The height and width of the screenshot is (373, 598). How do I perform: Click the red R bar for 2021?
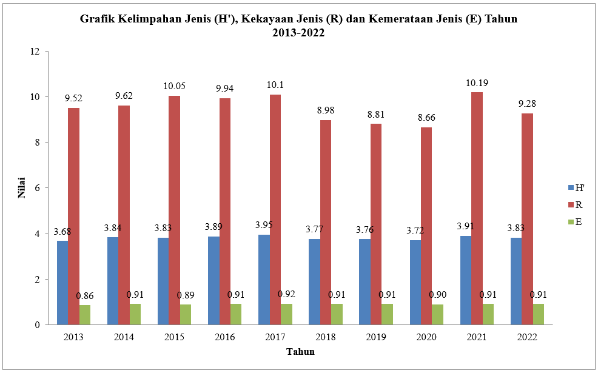(477, 209)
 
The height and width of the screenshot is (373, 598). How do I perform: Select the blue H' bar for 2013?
(62, 283)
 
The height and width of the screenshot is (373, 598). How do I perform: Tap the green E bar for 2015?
(185, 314)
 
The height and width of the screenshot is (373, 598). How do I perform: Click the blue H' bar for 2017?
(264, 280)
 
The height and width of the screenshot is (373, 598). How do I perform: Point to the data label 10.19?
(477, 83)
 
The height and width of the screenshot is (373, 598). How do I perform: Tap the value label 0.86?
(85, 296)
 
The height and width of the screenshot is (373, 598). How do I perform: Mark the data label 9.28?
(527, 104)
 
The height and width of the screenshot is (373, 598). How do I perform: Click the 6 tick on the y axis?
(38, 188)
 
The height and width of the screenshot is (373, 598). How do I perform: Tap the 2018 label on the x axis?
(326, 337)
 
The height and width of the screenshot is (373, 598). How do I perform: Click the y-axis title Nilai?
(20, 188)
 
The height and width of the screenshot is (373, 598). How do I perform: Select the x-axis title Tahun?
(300, 352)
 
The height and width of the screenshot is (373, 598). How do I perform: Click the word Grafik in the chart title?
(97, 19)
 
